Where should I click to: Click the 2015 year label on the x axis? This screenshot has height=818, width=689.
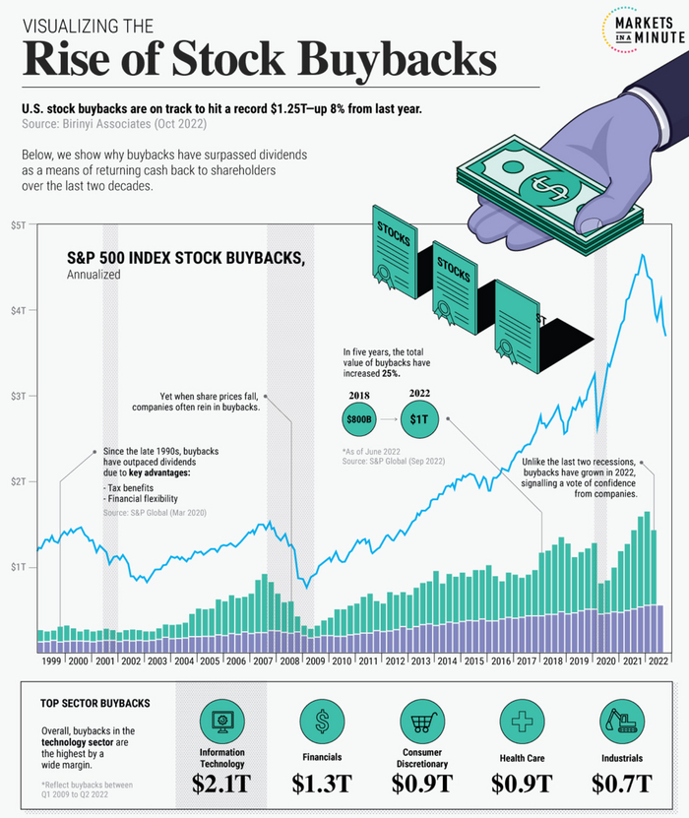tap(473, 661)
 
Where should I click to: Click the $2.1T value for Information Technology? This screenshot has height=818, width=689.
tap(222, 784)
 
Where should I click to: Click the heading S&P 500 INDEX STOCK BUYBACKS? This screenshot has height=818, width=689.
tap(185, 258)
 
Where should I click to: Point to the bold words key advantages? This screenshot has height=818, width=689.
tap(163, 472)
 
